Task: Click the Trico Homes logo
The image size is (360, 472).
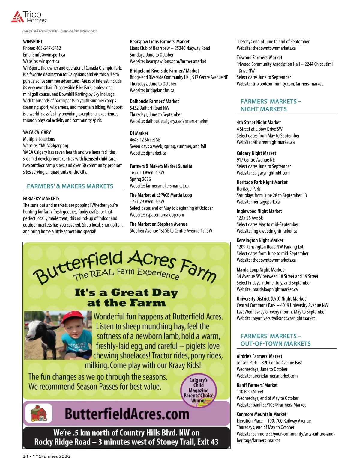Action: tap(29, 17)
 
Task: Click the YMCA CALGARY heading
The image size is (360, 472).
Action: tap(37, 132)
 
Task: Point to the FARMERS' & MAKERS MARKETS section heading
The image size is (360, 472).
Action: tap(70, 186)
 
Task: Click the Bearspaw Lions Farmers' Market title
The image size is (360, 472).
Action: tap(160, 42)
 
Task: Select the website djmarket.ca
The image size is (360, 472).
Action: tap(156, 153)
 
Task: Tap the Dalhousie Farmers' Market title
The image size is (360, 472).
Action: tap(154, 101)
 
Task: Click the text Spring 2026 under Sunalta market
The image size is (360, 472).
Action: tap(140, 179)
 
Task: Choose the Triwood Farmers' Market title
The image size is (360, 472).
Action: tap(259, 58)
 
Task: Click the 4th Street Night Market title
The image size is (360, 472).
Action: tap(259, 123)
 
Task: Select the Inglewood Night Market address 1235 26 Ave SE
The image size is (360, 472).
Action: tap(250, 218)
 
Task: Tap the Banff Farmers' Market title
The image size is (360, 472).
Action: tap(257, 385)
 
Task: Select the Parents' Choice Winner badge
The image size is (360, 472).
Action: tap(199, 390)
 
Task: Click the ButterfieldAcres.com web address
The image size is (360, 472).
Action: tap(127, 414)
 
